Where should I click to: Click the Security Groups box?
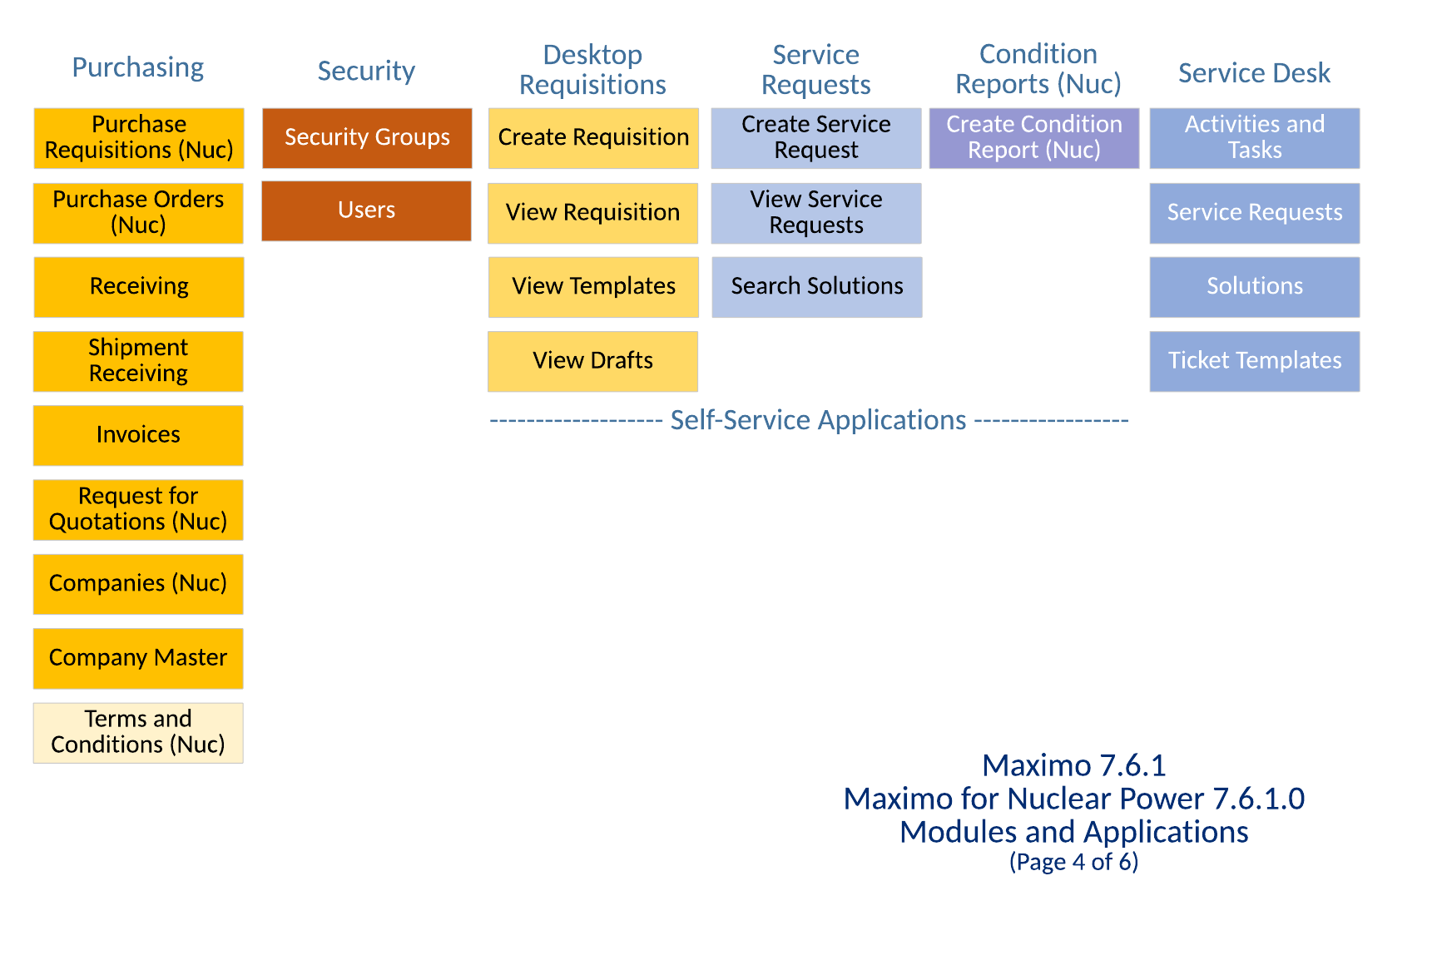click(367, 138)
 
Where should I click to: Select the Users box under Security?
click(367, 211)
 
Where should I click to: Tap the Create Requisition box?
click(593, 138)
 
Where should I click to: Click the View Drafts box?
click(593, 361)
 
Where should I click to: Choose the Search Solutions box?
click(817, 287)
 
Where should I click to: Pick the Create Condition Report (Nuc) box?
click(1034, 138)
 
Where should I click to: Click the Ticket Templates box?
click(1255, 361)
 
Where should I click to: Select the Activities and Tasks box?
click(1255, 138)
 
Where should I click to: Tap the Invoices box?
click(138, 435)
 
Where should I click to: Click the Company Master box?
click(138, 658)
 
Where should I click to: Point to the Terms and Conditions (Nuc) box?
click(138, 732)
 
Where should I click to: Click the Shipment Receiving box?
click(138, 361)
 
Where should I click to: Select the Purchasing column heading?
click(138, 67)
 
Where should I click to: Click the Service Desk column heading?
click(1255, 73)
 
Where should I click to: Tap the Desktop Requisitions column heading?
click(592, 70)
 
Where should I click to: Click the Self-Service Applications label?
click(818, 421)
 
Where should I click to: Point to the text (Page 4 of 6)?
click(1073, 862)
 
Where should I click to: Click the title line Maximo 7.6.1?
click(1073, 765)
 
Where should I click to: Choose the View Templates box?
click(593, 287)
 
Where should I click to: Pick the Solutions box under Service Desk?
click(1255, 287)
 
